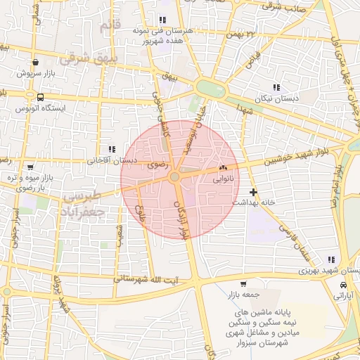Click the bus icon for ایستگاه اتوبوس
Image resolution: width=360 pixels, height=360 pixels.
pos(40,98)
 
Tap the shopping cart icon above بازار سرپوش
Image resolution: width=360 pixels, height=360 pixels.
pos(35,63)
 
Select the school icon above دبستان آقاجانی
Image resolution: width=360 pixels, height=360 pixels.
pos(111,149)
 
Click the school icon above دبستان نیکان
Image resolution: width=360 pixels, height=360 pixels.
pos(276,88)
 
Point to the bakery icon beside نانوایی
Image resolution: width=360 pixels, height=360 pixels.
pos(224,168)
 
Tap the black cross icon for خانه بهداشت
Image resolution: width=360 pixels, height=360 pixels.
pos(253,191)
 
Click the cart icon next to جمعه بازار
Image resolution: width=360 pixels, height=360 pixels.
pos(243,285)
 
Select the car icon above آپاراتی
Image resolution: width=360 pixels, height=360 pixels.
pos(342,285)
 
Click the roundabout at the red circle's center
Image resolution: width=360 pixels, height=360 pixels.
pos(174,177)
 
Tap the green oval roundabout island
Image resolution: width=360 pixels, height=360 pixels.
pos(209,89)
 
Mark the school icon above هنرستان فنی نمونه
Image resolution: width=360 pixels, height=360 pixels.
pos(163,20)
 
